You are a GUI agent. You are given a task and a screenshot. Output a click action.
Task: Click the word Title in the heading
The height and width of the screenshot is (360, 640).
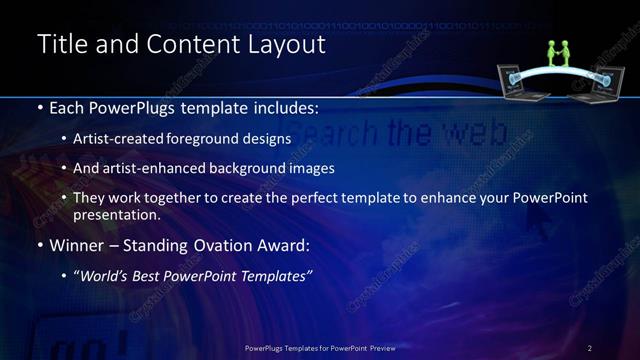pos(63,45)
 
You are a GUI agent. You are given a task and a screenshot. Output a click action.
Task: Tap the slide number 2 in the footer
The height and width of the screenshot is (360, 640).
pos(590,348)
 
